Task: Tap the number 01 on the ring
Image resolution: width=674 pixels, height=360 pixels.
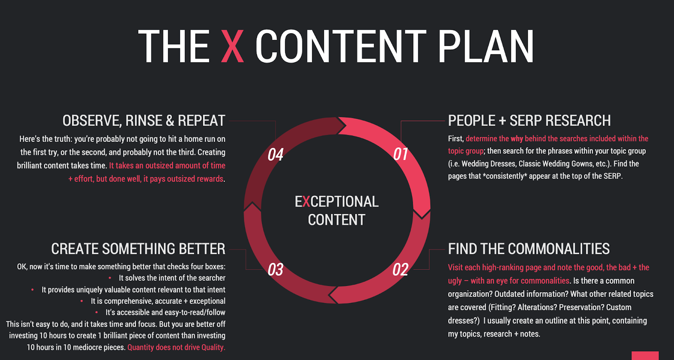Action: click(401, 154)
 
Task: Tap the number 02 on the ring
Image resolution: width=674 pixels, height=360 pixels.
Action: click(401, 269)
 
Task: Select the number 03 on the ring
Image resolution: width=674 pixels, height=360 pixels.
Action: click(275, 269)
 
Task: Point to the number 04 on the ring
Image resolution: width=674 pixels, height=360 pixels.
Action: click(275, 154)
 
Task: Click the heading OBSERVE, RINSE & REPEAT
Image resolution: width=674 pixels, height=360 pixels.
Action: click(144, 120)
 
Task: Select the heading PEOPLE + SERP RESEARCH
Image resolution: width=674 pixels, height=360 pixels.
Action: click(529, 120)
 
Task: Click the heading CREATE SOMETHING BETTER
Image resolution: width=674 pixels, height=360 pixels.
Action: click(138, 249)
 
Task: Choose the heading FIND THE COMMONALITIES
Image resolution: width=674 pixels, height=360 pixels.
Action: click(529, 249)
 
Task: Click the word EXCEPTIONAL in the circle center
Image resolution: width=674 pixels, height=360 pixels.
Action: click(337, 202)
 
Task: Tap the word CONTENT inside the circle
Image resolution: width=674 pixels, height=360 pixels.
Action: click(337, 219)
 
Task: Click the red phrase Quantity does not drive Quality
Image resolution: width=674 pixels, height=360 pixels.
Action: click(177, 347)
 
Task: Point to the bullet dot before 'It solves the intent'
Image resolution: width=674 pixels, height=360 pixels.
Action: click(110, 278)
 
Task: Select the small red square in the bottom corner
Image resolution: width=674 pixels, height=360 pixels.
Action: click(645, 355)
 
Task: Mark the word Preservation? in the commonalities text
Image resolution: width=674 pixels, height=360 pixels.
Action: click(570, 307)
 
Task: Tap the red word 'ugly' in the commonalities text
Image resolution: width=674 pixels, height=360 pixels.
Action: click(455, 281)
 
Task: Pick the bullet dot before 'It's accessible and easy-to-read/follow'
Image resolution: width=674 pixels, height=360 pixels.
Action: click(96, 312)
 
